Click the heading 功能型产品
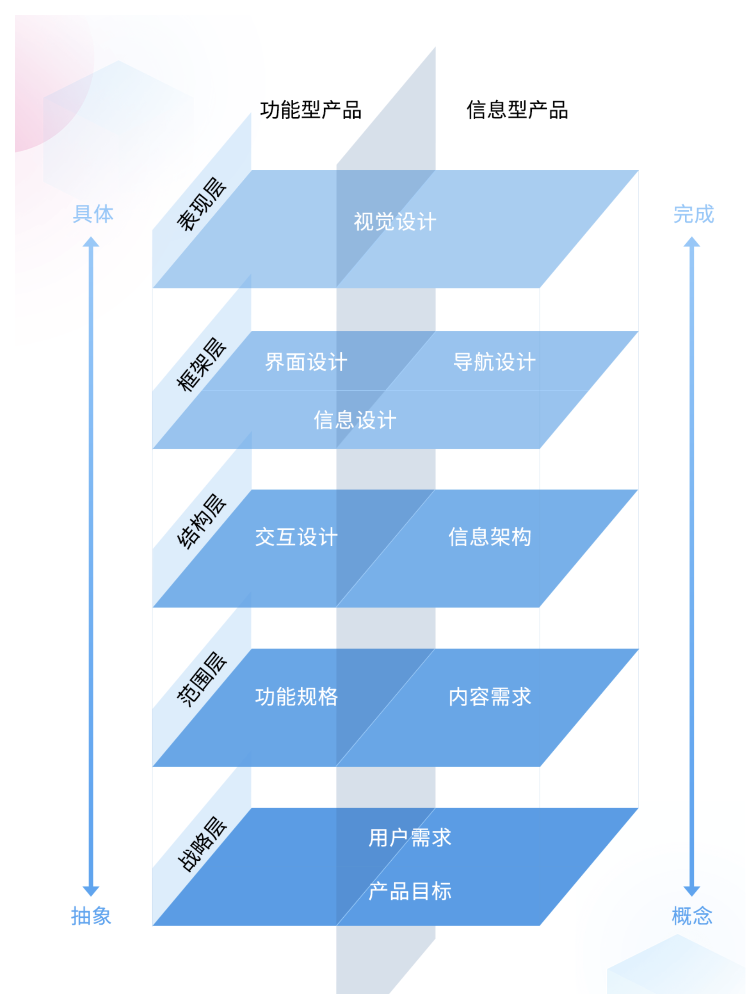coord(310,110)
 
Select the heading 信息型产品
coord(517,110)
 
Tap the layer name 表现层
coord(201,204)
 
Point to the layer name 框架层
coord(201,364)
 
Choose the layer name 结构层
coord(201,521)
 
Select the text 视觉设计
coord(395,222)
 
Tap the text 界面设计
coord(306,362)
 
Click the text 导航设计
coord(494,362)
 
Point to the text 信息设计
coord(355,420)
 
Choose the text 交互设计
coord(296,537)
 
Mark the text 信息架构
coord(489,537)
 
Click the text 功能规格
coord(296,697)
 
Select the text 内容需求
coord(489,697)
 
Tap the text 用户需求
coord(409,838)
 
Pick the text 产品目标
coord(409,891)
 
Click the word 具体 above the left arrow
coord(93,214)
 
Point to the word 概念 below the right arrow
coord(692,916)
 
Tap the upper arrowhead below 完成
coord(692,242)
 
